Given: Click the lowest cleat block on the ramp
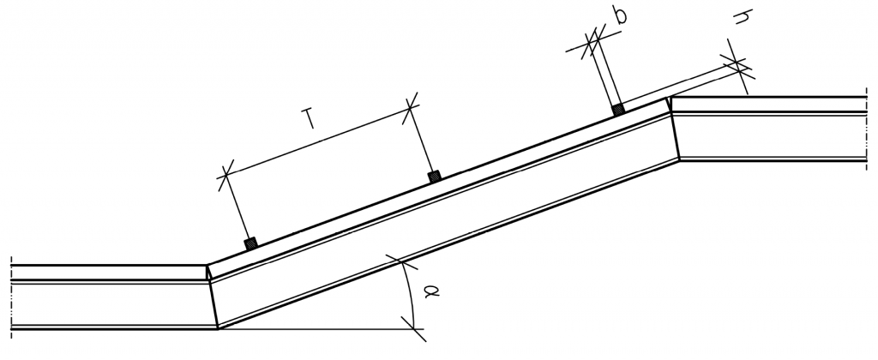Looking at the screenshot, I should pyautogui.click(x=250, y=244).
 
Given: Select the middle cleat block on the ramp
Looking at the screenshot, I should pyautogui.click(x=435, y=176).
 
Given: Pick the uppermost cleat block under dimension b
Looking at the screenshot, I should pyautogui.click(x=617, y=109).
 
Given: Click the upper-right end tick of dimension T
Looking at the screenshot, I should pyautogui.click(x=411, y=106).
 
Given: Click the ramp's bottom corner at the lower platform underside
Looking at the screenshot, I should pyautogui.click(x=218, y=328).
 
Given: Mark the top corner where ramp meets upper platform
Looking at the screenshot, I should pyautogui.click(x=670, y=98).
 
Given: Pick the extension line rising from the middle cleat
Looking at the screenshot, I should pyautogui.click(x=423, y=141).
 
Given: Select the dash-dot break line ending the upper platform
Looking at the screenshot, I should pyautogui.click(x=866, y=129).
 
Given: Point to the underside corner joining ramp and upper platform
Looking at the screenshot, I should pyautogui.click(x=679, y=159).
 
